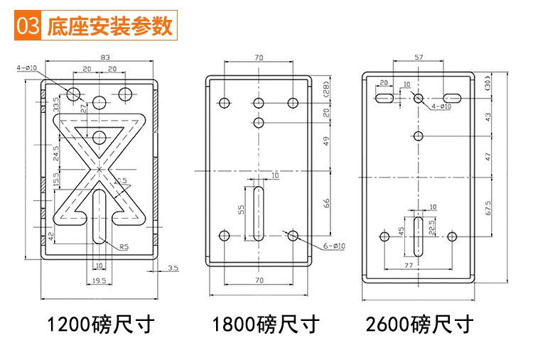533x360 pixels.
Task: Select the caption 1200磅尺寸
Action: pos(100,325)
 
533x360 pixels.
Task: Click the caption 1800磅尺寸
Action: pos(266,325)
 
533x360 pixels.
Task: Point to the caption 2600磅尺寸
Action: pos(419,325)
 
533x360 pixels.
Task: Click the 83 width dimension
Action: pos(104,57)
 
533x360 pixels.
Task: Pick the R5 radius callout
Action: pos(124,246)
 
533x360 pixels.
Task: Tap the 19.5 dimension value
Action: pos(99,281)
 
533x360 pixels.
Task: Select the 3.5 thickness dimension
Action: pos(173,268)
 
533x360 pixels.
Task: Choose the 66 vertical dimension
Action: pos(327,203)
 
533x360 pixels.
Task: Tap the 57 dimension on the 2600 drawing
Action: pos(419,57)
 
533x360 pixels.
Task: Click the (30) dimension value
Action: pos(488,83)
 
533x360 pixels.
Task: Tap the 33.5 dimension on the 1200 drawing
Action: pos(56,104)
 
